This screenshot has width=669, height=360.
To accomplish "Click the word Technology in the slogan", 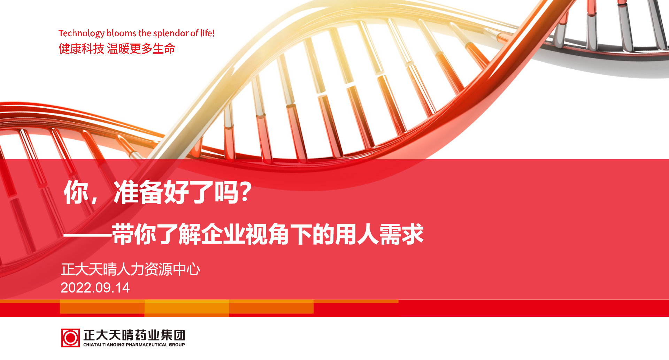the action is point(82,33).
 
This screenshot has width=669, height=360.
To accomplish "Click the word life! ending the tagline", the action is point(207,33).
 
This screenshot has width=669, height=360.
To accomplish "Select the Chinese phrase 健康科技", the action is point(82,48).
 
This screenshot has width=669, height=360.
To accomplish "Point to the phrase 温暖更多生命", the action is point(141,48).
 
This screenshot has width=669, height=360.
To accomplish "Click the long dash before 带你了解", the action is point(87,235).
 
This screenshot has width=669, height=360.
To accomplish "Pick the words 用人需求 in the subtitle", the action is point(379,234).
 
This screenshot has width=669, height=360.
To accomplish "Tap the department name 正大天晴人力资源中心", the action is point(131,269).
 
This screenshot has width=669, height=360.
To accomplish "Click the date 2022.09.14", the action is point(95,288).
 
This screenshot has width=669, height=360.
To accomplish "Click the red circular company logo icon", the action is point(70,338).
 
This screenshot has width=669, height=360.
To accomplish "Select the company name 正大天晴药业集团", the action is point(134,335).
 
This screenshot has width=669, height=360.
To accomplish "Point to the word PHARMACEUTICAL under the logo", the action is point(147,345).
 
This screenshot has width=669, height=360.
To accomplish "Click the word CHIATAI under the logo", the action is point(92,345).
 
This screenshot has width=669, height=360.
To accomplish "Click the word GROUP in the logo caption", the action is point(177,345).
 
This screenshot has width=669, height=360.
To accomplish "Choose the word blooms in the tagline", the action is point(122,33).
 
